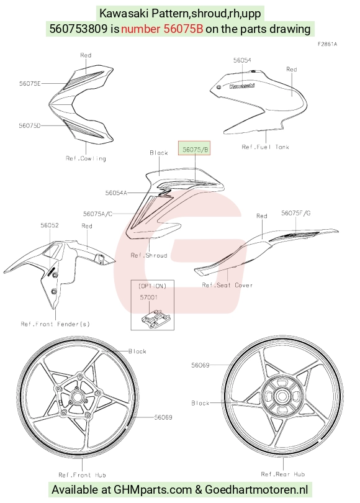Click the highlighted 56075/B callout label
click(x=194, y=148)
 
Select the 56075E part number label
click(x=30, y=83)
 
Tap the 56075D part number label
click(x=30, y=125)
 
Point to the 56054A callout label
click(x=116, y=193)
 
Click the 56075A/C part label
click(x=98, y=214)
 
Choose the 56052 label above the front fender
click(x=50, y=225)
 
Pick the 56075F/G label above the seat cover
click(x=296, y=213)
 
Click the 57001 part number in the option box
click(x=149, y=297)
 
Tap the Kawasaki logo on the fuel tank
click(x=242, y=86)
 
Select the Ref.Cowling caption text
click(x=86, y=158)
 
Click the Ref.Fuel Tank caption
click(x=266, y=147)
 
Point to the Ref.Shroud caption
click(x=149, y=255)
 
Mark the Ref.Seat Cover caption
click(x=227, y=285)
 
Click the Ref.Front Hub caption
click(x=82, y=475)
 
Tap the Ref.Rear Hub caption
click(x=283, y=474)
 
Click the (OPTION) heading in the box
click(x=152, y=286)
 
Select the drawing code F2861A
click(x=327, y=44)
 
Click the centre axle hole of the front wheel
click(x=76, y=397)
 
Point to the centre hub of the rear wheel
click(x=282, y=396)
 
